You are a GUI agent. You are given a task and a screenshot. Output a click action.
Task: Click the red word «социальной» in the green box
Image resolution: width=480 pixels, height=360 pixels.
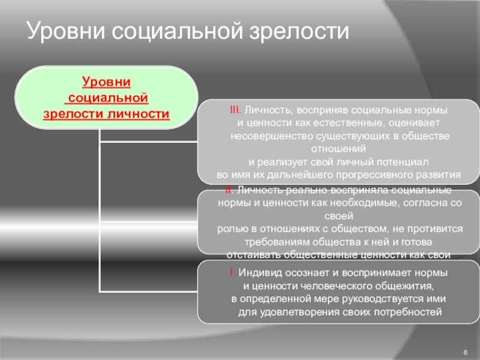106,97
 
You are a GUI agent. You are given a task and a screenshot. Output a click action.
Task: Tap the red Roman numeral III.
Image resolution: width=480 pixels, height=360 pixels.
235,111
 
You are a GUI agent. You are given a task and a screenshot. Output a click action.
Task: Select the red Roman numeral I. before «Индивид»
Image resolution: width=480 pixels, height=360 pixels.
232,272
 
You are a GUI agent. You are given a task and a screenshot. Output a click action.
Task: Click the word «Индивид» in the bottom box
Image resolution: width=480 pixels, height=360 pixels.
259,272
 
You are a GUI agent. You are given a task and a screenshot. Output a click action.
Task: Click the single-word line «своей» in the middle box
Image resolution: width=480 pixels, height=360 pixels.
338,216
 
